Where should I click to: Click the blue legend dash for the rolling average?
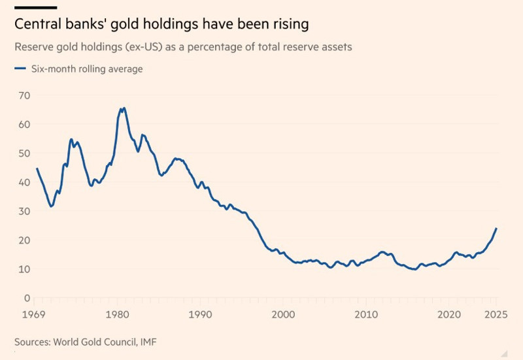[x=20, y=68]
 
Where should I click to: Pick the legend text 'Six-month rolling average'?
[x=86, y=69]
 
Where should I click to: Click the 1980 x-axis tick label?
[x=118, y=314]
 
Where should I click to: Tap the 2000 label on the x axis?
[x=283, y=314]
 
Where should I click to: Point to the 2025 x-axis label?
[x=496, y=314]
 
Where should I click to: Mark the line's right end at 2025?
[x=496, y=228]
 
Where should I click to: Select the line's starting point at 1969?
[x=37, y=169]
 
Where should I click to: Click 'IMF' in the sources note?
[x=148, y=342]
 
